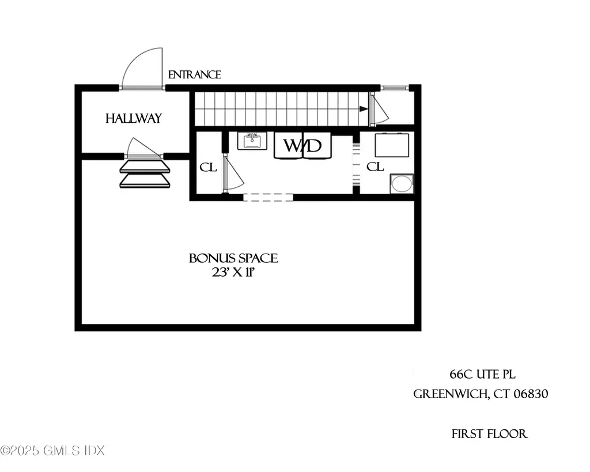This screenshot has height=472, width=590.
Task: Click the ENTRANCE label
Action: tap(194, 75)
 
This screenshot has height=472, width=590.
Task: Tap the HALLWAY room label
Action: tap(134, 119)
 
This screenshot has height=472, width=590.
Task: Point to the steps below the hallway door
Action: tap(145, 174)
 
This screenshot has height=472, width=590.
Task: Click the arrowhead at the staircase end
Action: tap(364, 109)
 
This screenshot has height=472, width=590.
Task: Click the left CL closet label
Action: tap(207, 167)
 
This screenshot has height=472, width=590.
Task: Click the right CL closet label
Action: tap(375, 167)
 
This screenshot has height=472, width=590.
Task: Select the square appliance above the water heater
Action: tap(392, 145)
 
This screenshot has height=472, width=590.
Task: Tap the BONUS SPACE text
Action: tap(233, 258)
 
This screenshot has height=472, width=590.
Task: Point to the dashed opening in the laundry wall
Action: tap(268, 197)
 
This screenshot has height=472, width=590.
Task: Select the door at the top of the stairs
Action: tap(379, 110)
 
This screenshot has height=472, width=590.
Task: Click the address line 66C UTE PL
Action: tap(480, 373)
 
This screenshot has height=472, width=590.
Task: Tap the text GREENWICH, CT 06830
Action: tap(481, 395)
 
